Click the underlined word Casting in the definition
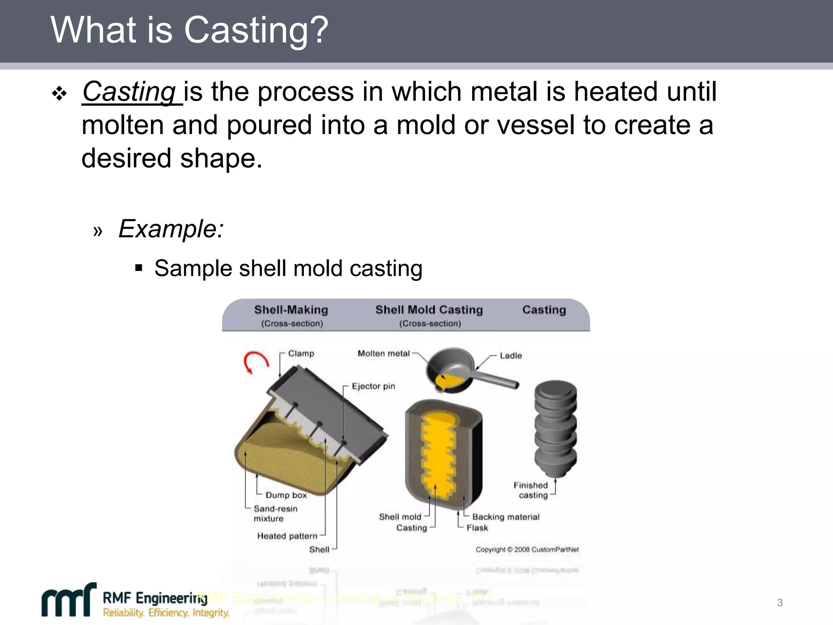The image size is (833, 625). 129,92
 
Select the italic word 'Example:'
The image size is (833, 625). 171,229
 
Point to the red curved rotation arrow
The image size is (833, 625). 255,361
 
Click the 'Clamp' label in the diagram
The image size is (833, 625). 301,353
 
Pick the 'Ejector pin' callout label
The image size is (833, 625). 373,386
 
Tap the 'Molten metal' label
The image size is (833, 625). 384,353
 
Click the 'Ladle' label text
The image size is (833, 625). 510,356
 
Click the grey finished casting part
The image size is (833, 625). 555,427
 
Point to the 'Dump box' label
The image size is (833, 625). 286,495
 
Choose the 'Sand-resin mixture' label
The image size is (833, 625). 275,514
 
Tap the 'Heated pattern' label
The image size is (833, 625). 287,536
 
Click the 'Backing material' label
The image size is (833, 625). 506,517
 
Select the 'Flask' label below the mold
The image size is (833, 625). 477,528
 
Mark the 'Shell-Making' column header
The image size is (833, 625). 291,310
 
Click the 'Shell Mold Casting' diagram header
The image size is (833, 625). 429,310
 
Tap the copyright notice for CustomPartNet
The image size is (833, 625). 527,549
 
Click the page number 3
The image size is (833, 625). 780,603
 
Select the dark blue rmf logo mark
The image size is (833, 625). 68,601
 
